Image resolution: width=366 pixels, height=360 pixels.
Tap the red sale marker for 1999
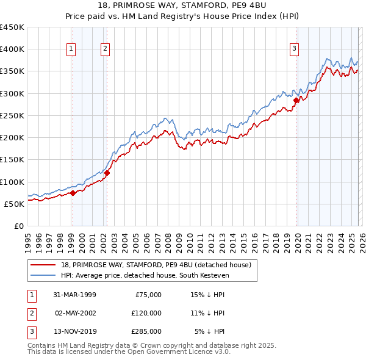[73, 193]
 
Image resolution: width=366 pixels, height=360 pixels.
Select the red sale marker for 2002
[107, 173]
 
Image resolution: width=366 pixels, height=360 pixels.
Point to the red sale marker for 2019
[296, 100]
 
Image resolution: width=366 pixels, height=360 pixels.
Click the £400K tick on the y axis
[12, 49]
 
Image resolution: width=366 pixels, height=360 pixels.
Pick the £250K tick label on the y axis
[12, 115]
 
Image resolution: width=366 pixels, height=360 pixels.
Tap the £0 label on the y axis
[18, 226]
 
